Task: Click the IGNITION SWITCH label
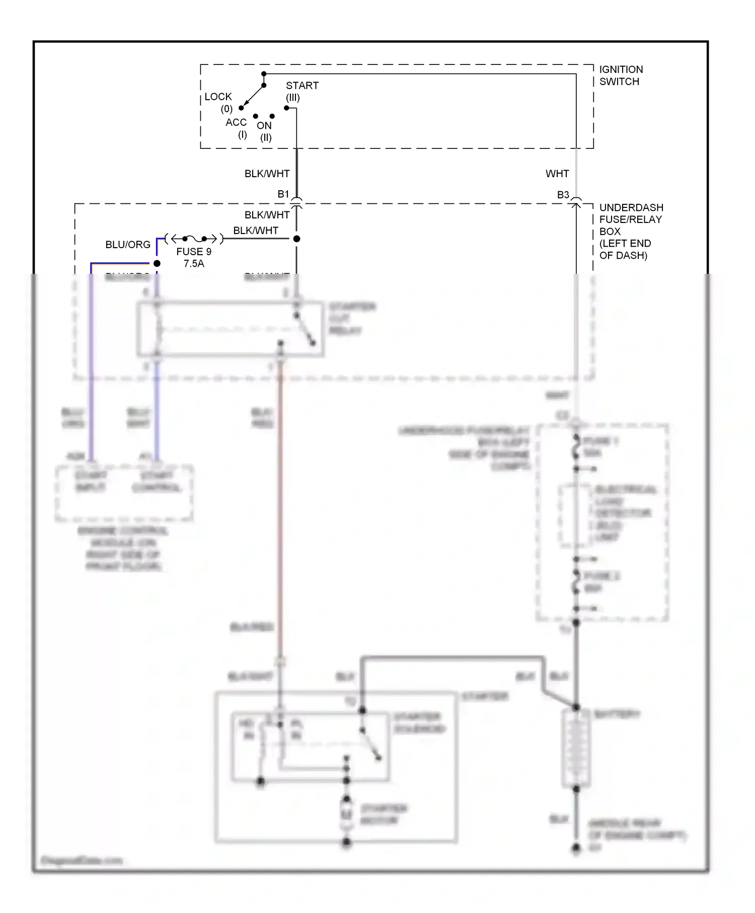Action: click(x=621, y=75)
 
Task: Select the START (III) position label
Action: click(x=301, y=91)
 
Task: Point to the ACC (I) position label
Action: click(x=237, y=128)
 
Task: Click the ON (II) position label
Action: click(x=264, y=131)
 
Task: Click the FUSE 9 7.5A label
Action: click(x=194, y=257)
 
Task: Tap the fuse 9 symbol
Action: click(x=194, y=239)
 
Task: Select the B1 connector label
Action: click(x=283, y=194)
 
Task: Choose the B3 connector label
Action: click(x=563, y=195)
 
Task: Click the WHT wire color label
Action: click(x=557, y=174)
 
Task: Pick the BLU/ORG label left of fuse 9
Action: click(x=128, y=245)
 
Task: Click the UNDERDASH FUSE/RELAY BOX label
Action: click(x=630, y=231)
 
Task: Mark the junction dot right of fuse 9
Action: click(x=297, y=239)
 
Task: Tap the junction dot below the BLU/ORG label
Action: click(x=157, y=263)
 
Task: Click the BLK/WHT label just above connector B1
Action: click(x=267, y=174)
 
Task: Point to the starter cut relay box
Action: click(x=231, y=329)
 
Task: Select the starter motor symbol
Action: click(x=346, y=814)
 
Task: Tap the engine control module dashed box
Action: click(x=124, y=493)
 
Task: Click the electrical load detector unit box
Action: click(x=574, y=515)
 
